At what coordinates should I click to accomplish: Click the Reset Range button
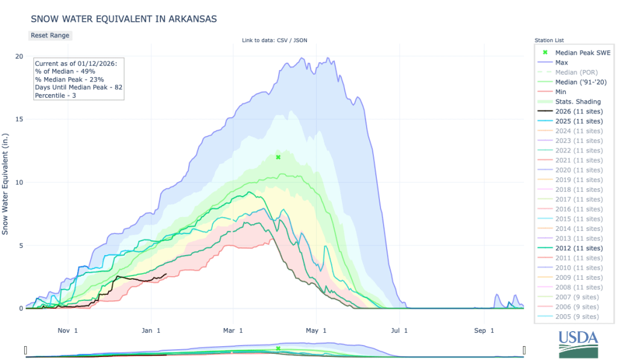click(x=50, y=35)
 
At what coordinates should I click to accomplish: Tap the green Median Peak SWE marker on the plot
click(x=278, y=157)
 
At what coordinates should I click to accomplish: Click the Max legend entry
click(x=561, y=63)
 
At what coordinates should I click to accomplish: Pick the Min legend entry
click(x=561, y=92)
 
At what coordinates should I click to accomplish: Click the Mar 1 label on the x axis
click(x=232, y=330)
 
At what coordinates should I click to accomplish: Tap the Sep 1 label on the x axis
click(x=483, y=330)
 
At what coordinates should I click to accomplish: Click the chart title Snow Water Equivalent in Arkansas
click(x=123, y=19)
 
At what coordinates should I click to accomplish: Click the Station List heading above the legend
click(x=550, y=40)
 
